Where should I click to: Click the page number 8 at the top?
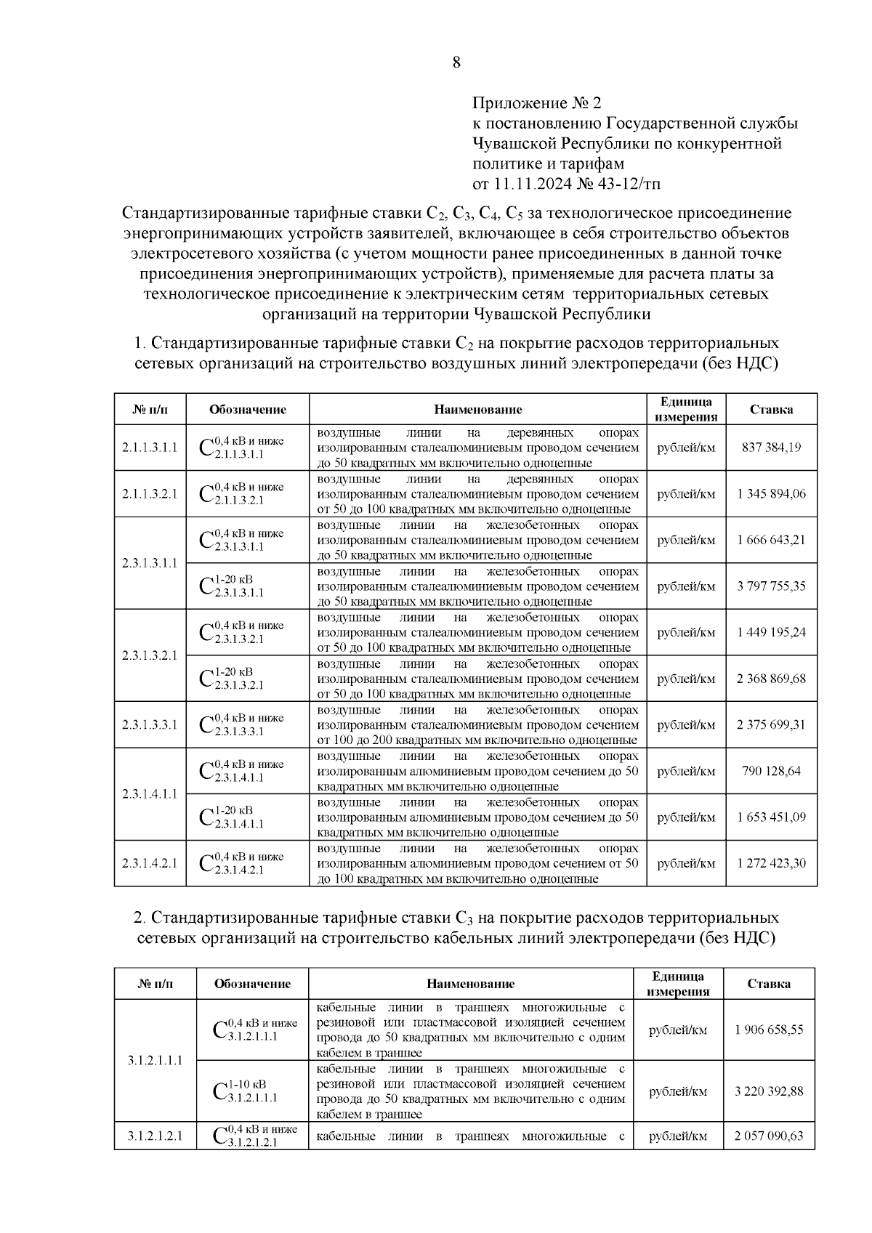click(456, 62)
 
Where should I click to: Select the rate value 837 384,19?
click(771, 448)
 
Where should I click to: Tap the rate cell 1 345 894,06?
click(771, 494)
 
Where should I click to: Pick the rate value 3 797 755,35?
click(771, 586)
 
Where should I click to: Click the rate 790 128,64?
click(771, 771)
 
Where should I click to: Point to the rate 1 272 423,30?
click(771, 863)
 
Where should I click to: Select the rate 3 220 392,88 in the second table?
click(769, 1091)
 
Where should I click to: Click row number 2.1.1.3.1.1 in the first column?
click(150, 448)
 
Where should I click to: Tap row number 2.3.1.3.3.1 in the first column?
click(150, 725)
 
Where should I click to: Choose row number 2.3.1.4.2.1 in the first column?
click(150, 863)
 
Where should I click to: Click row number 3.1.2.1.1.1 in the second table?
click(155, 1061)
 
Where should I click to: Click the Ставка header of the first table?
click(771, 410)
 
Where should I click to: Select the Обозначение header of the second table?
click(252, 984)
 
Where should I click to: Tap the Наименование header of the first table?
click(478, 410)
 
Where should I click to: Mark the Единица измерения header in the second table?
click(677, 984)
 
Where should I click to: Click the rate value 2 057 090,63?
click(769, 1136)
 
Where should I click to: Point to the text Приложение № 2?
click(537, 102)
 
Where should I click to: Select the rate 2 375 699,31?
click(771, 725)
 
